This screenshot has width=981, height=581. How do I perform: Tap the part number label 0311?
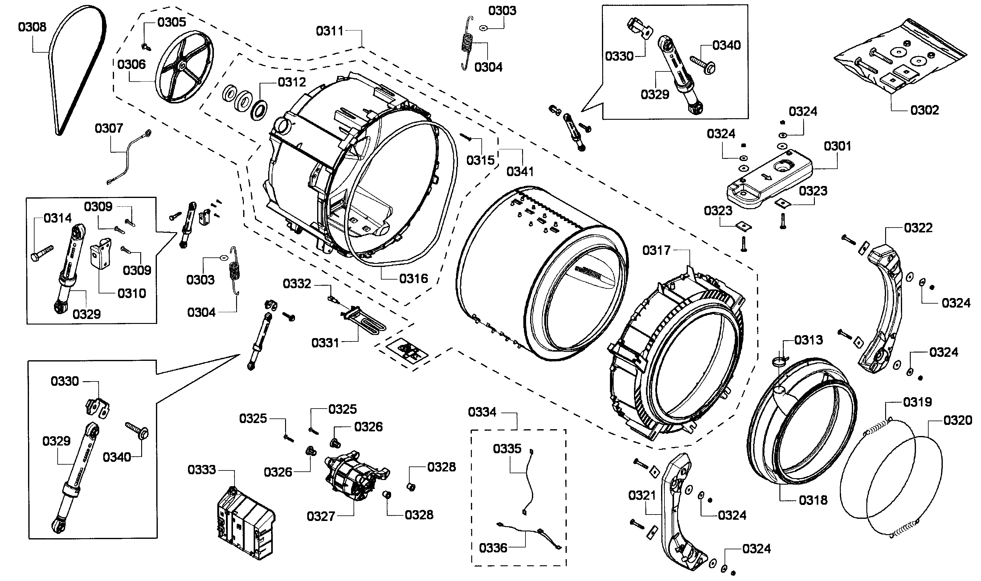click(x=329, y=31)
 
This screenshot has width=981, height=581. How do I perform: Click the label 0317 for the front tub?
click(x=656, y=250)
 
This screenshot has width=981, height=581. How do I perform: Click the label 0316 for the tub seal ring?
click(x=413, y=279)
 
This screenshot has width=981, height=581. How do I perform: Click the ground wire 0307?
click(x=127, y=157)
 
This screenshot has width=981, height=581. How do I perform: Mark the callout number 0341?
click(x=520, y=171)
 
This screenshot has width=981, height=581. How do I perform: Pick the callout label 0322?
click(x=918, y=228)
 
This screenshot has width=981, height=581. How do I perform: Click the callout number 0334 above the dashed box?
click(x=482, y=412)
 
